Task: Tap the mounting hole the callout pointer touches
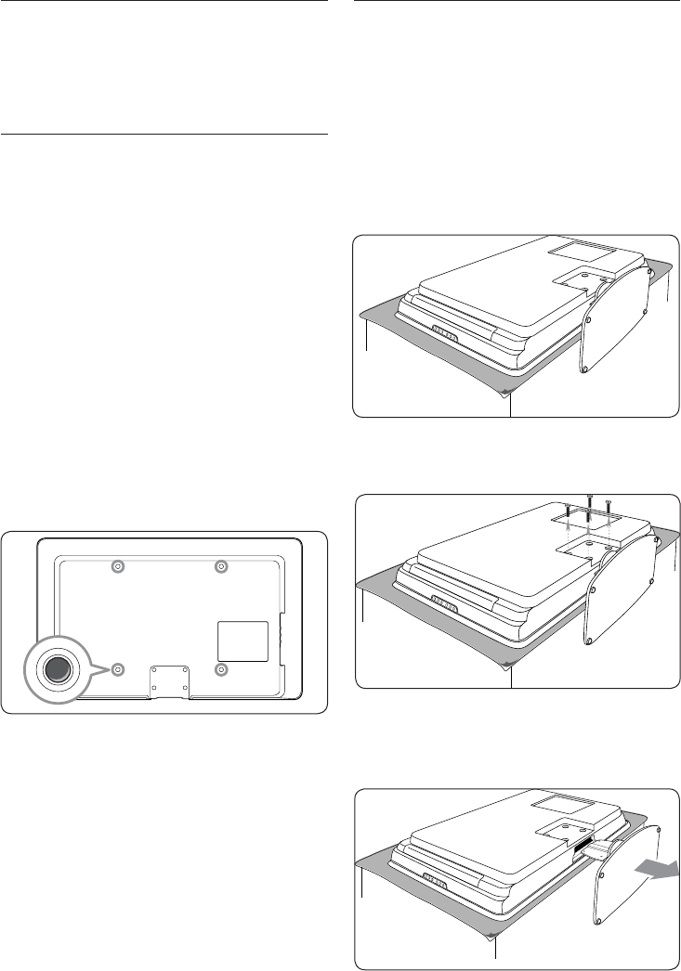click(x=117, y=668)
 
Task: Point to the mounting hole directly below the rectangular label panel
click(x=221, y=668)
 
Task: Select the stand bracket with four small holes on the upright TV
click(x=169, y=680)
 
